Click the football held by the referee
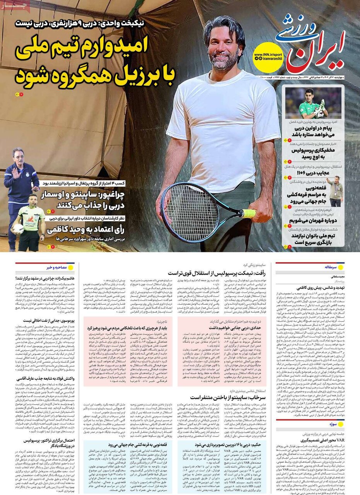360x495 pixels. (x=18, y=228)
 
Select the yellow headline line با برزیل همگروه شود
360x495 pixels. (x=95, y=73)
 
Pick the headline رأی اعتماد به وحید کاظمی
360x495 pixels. (x=90, y=230)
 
